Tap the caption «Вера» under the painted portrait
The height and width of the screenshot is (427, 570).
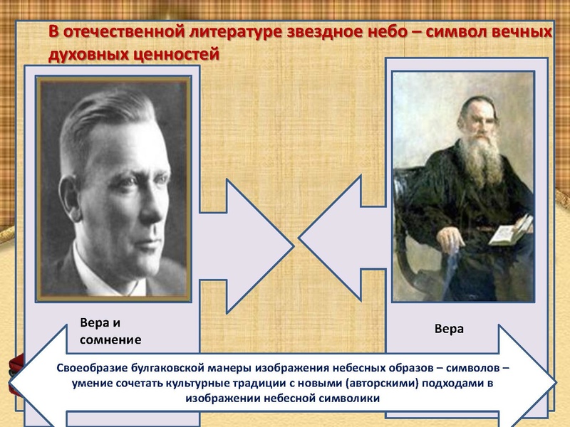pos(450,329)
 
